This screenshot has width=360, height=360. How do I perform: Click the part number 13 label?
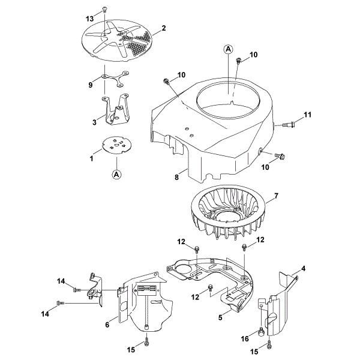click(x=91, y=19)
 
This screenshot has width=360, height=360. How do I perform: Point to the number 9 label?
click(x=91, y=85)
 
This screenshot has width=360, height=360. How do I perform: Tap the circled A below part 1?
click(x=114, y=174)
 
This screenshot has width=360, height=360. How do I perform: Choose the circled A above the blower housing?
click(x=229, y=50)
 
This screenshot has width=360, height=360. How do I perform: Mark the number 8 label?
click(x=177, y=178)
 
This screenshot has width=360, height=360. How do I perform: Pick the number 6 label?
click(x=107, y=324)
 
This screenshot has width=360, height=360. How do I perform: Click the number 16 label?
click(x=244, y=338)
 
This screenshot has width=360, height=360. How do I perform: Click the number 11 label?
click(x=308, y=114)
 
